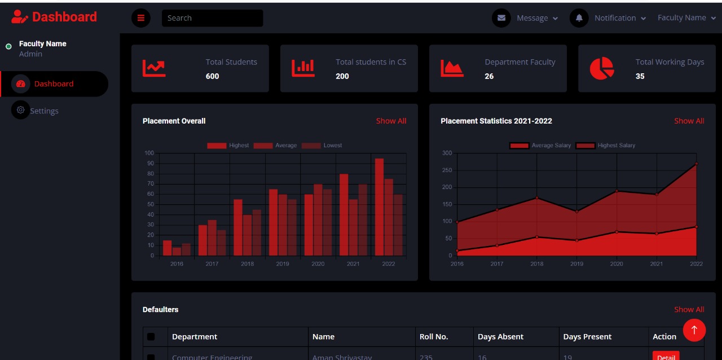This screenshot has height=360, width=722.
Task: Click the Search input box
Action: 212,18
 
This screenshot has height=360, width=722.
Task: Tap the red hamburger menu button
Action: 141,18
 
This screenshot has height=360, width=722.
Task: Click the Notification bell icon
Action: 579,18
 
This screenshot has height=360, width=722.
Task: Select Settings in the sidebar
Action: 44,111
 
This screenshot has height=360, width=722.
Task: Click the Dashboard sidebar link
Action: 54,84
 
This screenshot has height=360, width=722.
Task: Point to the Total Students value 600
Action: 213,76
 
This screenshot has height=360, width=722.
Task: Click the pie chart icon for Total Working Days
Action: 601,68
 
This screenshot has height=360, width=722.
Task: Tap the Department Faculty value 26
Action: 489,76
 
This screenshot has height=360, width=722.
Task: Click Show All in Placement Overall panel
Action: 391,121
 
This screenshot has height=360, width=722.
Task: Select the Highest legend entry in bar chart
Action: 228,146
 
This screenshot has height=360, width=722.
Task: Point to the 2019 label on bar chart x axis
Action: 283,264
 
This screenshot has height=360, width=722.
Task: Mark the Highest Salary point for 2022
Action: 696,164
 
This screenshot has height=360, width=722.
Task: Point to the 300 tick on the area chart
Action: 447,153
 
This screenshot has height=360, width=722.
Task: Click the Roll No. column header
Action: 434,337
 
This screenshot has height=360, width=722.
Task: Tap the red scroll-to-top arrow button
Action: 694,330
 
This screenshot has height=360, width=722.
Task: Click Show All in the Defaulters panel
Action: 689,309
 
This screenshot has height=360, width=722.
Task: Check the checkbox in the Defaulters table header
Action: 151,337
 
